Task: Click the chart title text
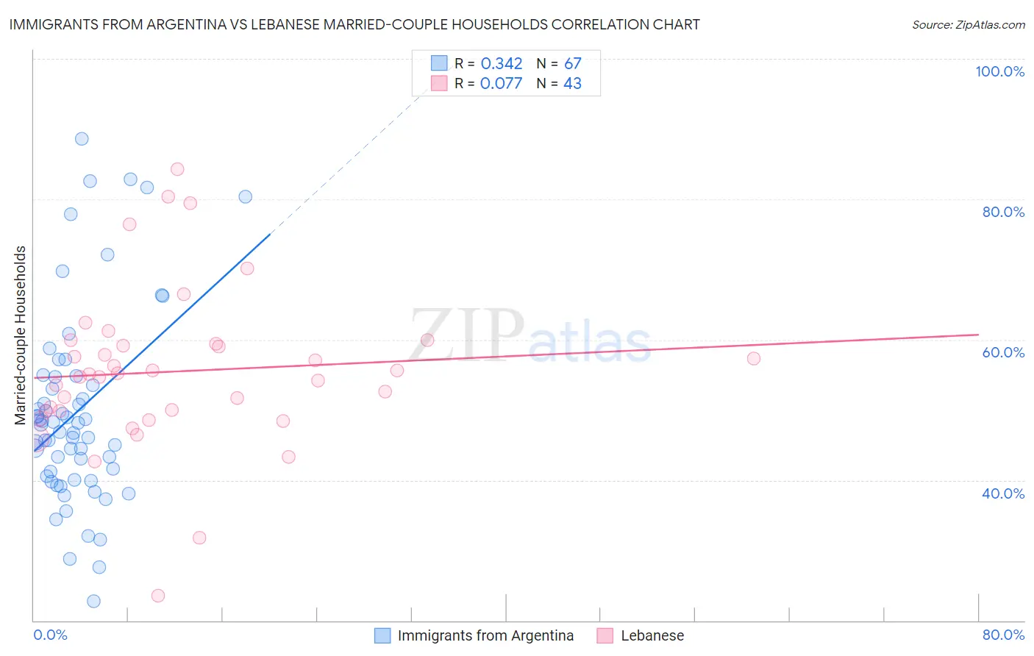point(353,24)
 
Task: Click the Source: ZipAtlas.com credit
point(968,25)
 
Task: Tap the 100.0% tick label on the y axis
point(999,71)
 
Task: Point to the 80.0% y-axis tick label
point(1003,212)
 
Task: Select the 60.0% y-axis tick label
point(1003,352)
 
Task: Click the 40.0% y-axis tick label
point(1003,493)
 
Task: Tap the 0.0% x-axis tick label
point(50,635)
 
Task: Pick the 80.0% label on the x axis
point(1003,635)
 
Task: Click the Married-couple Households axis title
point(21,335)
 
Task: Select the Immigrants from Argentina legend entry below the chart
point(485,635)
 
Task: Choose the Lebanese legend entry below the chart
point(652,635)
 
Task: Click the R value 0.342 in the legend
point(502,64)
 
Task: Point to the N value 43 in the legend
point(572,84)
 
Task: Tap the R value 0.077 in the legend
point(502,84)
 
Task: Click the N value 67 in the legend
point(572,64)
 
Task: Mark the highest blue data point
point(82,139)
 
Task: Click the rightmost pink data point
point(754,359)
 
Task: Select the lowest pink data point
point(158,596)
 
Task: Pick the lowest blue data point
point(93,602)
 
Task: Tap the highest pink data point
point(177,169)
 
